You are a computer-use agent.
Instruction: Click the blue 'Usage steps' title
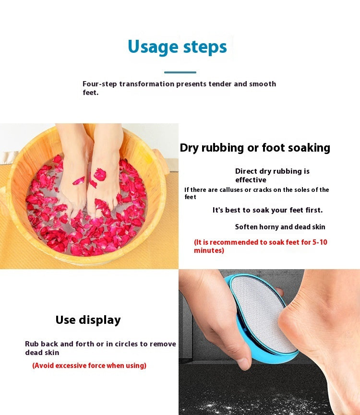click(x=177, y=47)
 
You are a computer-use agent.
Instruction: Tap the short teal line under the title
click(x=180, y=72)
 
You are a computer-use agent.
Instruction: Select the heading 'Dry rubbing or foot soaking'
click(x=255, y=148)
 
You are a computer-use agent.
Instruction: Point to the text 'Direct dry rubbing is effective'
click(x=272, y=176)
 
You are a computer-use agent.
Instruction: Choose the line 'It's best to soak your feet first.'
click(x=267, y=210)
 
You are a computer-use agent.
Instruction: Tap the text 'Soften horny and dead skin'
click(x=280, y=227)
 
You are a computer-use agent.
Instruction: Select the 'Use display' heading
click(x=88, y=320)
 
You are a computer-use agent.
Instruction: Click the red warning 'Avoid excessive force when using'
click(x=89, y=366)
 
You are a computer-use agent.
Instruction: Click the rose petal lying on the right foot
click(x=100, y=175)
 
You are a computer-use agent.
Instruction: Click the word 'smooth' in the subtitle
click(x=263, y=84)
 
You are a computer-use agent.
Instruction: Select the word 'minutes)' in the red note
click(x=209, y=250)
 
